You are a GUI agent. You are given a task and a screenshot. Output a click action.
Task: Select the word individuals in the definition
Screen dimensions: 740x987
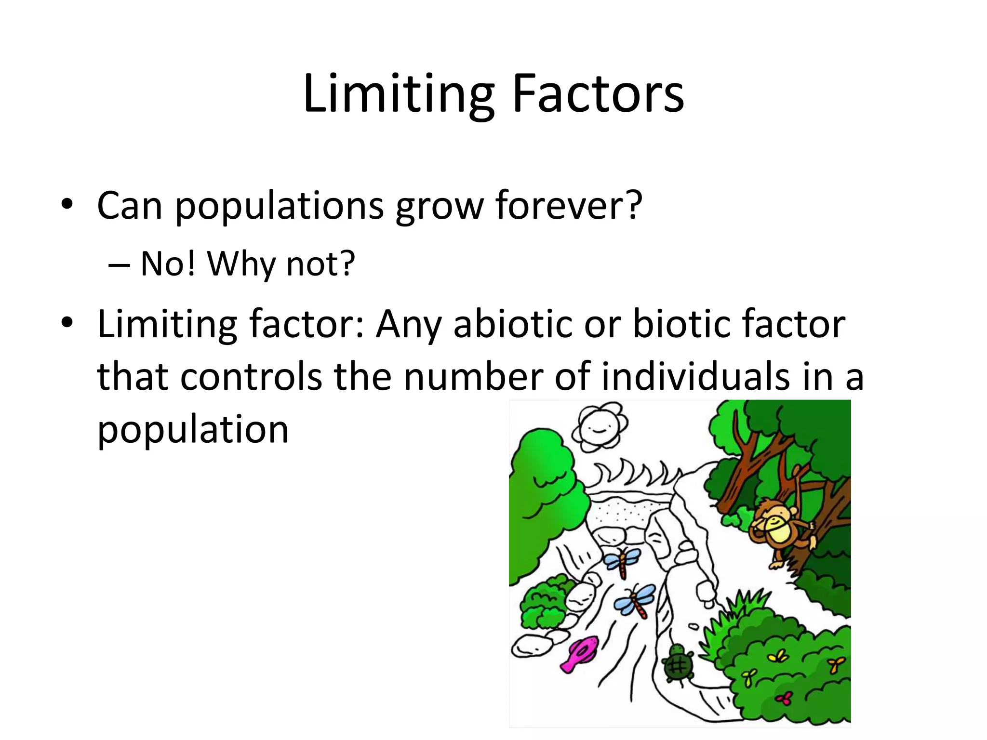click(695, 376)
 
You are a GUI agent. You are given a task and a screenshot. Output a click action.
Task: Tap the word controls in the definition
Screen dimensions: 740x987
click(251, 376)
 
